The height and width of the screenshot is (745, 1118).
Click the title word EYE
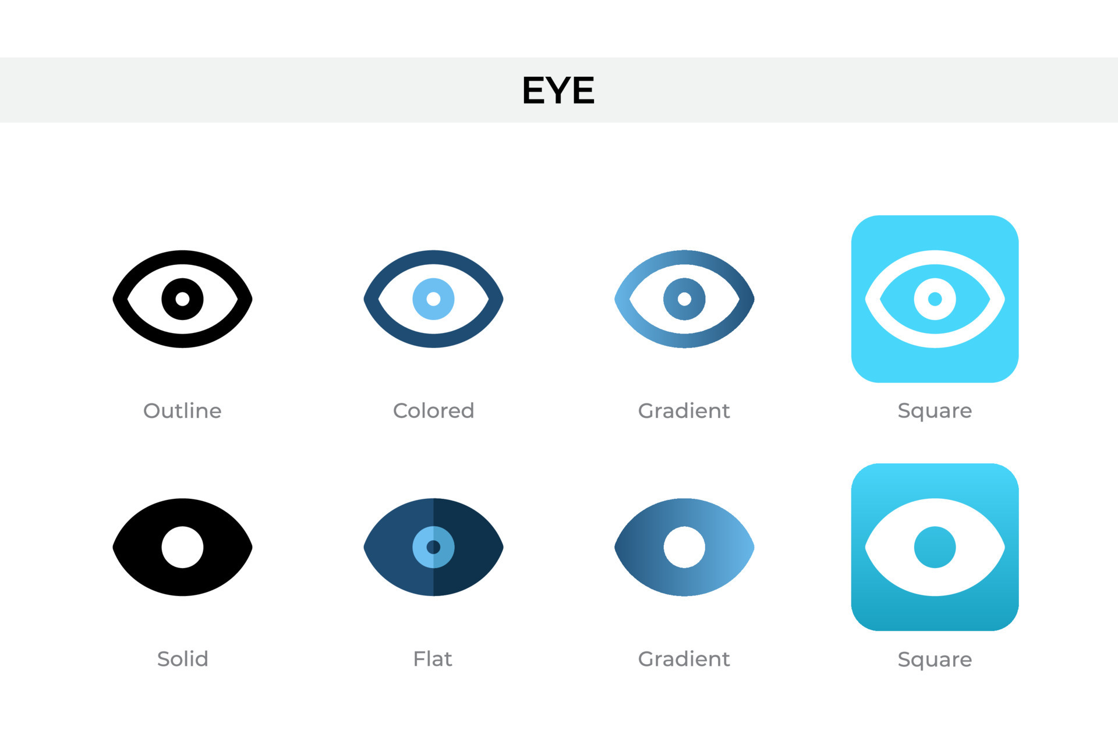point(558,90)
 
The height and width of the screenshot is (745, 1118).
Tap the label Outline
point(182,411)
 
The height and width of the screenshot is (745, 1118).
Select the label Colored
point(433,411)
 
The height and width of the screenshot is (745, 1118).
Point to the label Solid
point(182,659)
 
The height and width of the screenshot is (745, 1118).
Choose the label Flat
point(433,659)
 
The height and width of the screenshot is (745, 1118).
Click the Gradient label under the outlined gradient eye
point(684,411)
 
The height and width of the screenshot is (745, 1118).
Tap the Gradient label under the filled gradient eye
point(684,659)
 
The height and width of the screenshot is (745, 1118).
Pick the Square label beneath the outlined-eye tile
point(935,411)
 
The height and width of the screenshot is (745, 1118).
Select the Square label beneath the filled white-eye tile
point(935,659)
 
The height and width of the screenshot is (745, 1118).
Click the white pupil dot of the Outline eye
point(182,299)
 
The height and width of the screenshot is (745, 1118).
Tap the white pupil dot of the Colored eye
point(433,299)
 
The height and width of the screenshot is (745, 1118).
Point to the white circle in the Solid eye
point(182,547)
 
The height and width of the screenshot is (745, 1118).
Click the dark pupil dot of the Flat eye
point(433,547)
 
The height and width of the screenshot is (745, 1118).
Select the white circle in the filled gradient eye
point(684,547)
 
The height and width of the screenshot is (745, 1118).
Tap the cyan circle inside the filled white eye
point(935,547)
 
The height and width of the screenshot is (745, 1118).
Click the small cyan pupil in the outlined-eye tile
point(935,299)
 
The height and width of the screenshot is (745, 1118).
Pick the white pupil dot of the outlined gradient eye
point(684,299)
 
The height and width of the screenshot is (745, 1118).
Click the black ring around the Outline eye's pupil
point(169,299)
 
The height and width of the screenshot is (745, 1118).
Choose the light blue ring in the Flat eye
point(420,547)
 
